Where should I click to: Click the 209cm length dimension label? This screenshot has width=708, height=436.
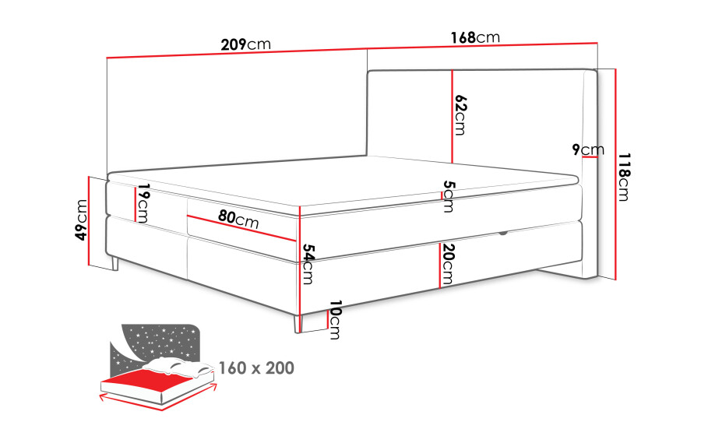[x=245, y=44]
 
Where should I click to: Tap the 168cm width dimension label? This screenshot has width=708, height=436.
[x=475, y=37]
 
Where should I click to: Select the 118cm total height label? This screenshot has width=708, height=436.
[x=624, y=177]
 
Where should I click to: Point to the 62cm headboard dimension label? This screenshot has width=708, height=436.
[x=460, y=115]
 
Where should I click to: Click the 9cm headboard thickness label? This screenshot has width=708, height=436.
[x=588, y=149]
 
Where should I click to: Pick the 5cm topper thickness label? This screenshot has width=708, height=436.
[x=449, y=196]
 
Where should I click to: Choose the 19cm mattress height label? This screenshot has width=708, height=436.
[x=143, y=203]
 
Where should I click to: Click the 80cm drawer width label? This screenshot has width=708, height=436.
[x=238, y=219]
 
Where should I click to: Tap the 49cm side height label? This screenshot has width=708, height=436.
[x=81, y=220]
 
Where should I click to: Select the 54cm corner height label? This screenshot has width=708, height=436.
[x=308, y=264]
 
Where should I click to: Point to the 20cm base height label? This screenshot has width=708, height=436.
[x=448, y=264]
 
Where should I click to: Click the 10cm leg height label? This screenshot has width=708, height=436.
[x=335, y=319]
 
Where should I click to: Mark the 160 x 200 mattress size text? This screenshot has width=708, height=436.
[x=256, y=367]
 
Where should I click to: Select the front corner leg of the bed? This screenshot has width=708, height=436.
[x=297, y=324]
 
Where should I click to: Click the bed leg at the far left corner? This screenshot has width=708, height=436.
[x=114, y=264]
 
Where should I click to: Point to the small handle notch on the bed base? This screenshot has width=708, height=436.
[x=502, y=234]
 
